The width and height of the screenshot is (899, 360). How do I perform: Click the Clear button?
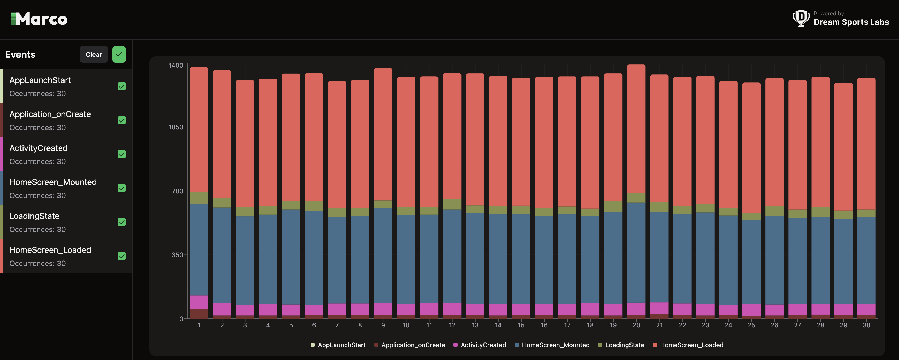pyautogui.click(x=94, y=55)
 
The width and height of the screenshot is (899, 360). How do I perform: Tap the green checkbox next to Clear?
pyautogui.click(x=119, y=55)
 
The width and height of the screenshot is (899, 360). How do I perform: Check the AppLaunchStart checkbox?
pyautogui.click(x=121, y=86)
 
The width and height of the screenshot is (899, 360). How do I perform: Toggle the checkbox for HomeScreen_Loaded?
pyautogui.click(x=121, y=256)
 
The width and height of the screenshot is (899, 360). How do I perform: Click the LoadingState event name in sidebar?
pyautogui.click(x=34, y=216)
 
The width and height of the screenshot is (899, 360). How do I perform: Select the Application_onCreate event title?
pyautogui.click(x=50, y=114)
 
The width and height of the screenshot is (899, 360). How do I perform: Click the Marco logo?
pyautogui.click(x=39, y=19)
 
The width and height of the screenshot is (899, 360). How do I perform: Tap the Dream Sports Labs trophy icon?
pyautogui.click(x=801, y=18)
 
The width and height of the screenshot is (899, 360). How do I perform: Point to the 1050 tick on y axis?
pyautogui.click(x=176, y=127)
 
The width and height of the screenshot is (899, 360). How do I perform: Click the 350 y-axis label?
pyautogui.click(x=177, y=255)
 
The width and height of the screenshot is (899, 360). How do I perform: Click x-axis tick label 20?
pyautogui.click(x=636, y=325)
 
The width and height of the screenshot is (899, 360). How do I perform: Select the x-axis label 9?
pyautogui.click(x=383, y=325)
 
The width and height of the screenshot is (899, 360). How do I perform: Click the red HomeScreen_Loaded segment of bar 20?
pyautogui.click(x=636, y=129)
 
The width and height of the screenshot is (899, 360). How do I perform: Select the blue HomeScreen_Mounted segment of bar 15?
pyautogui.click(x=521, y=258)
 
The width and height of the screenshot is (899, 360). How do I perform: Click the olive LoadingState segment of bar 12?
pyautogui.click(x=452, y=204)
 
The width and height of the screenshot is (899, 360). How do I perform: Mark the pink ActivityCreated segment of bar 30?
pyautogui.click(x=866, y=309)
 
